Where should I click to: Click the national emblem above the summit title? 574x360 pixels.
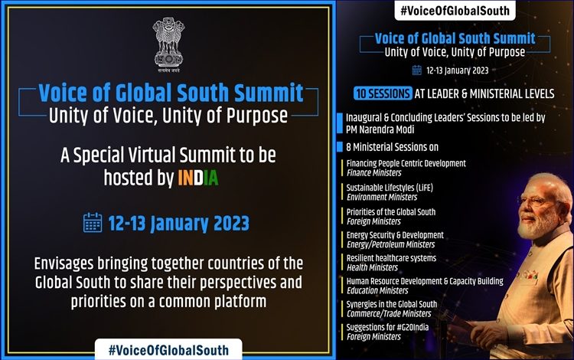pyautogui.click(x=168, y=44)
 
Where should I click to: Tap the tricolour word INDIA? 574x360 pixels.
pyautogui.click(x=198, y=178)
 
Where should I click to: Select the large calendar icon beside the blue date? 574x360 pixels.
pyautogui.click(x=93, y=223)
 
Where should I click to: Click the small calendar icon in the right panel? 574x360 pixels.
pyautogui.click(x=417, y=70)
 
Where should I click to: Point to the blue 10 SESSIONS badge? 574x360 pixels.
pyautogui.click(x=383, y=93)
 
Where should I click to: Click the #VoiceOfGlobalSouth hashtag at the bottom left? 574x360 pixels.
pyautogui.click(x=168, y=350)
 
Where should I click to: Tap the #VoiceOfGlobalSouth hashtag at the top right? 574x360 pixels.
pyautogui.click(x=455, y=11)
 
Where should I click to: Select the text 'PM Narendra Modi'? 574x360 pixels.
pyautogui.click(x=380, y=129)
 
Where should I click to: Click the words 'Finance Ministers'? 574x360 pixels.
pyautogui.click(x=373, y=173)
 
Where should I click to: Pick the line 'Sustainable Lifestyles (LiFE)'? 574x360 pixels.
pyautogui.click(x=390, y=188)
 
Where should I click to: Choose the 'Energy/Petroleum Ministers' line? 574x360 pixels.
pyautogui.click(x=390, y=244)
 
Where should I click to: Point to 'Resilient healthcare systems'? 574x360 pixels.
pyautogui.click(x=391, y=258)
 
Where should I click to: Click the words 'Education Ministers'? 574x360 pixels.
pyautogui.click(x=377, y=290)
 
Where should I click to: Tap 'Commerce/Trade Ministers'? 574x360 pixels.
pyautogui.click(x=389, y=313)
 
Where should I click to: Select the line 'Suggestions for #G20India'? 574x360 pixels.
pyautogui.click(x=387, y=327)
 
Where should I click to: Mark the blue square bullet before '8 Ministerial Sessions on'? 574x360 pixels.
pyautogui.click(x=339, y=146)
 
